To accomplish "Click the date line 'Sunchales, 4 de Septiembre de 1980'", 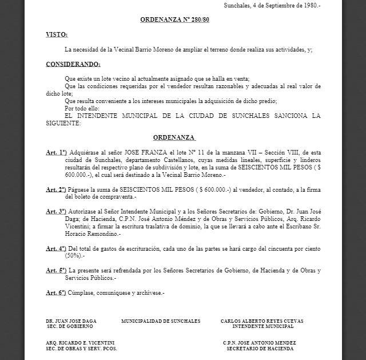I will pos(272,6).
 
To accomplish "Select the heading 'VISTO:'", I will pos(57,35).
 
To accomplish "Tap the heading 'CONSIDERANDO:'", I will pos(73,64).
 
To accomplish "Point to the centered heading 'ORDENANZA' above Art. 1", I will pos(174,138).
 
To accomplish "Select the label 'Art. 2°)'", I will pos(57,189).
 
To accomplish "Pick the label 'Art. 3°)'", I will pos(57,211).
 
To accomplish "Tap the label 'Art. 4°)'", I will pos(57,248).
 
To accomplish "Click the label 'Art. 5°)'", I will pos(57,270).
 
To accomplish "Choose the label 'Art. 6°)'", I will pos(57,292).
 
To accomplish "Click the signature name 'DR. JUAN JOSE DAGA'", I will pos(71,321).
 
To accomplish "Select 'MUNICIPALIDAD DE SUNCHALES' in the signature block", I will pos(161,321).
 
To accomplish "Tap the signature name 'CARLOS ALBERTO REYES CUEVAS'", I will pos(262,321).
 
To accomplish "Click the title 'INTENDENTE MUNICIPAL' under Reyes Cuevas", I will pos(262,326).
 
